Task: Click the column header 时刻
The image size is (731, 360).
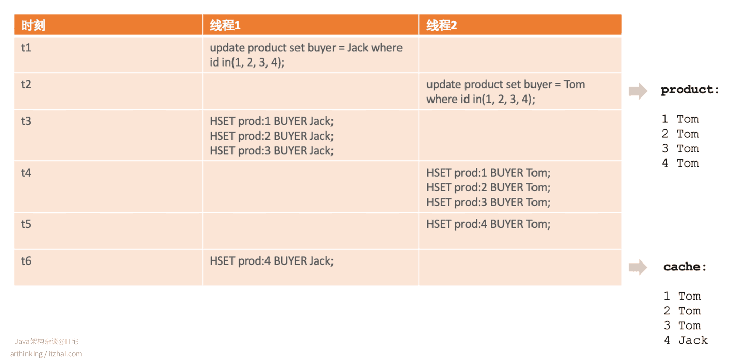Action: point(34,25)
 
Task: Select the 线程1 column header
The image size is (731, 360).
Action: point(225,25)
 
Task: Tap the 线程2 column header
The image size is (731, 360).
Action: point(442,25)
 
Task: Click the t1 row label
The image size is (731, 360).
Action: point(26,48)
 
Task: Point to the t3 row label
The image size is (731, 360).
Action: point(26,121)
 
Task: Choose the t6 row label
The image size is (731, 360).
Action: point(26,261)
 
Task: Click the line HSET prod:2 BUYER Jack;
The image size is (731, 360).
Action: point(272,136)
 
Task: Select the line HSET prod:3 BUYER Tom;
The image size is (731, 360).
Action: point(488,202)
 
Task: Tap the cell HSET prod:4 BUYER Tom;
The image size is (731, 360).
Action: point(488,224)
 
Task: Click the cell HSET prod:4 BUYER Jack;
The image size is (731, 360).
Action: point(272,261)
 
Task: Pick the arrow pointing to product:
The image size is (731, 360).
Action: point(638,91)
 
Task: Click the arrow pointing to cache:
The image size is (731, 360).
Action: point(638,267)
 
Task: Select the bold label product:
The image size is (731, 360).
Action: point(690,90)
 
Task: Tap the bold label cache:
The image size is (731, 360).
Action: point(685,267)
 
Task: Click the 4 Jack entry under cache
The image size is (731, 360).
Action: point(686,340)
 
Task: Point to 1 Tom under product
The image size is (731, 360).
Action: point(680,119)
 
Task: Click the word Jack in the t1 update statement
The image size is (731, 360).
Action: point(358,48)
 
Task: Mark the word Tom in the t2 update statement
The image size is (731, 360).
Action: point(574,84)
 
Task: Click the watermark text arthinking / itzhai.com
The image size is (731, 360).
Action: point(46,354)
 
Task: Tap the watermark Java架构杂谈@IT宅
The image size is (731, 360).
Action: point(46,341)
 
